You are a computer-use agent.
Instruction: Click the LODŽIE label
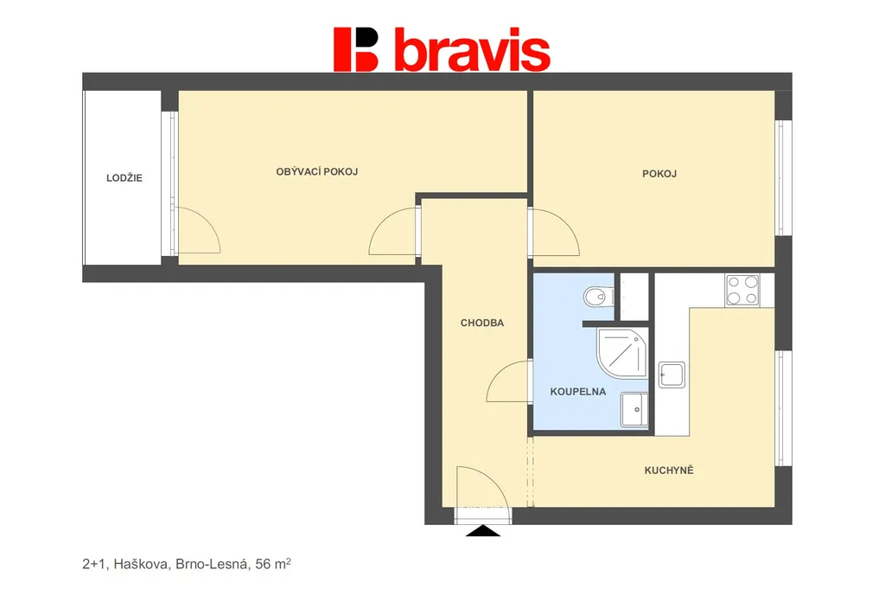point(124,178)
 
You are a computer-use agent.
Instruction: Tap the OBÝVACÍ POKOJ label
point(316,171)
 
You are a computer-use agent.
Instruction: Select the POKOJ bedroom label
point(659,174)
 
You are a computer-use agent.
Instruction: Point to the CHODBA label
point(482,323)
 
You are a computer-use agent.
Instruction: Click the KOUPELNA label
point(578,391)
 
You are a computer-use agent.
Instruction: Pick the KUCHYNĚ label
point(669,470)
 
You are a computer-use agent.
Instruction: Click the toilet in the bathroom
point(598,296)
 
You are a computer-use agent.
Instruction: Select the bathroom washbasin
point(634,409)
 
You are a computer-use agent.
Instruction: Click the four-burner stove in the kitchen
point(742,291)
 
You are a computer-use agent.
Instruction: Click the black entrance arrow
point(482,531)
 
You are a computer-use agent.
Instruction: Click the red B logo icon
point(355,49)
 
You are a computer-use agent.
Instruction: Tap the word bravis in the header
point(472,49)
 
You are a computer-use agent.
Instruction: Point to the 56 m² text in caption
point(273,564)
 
